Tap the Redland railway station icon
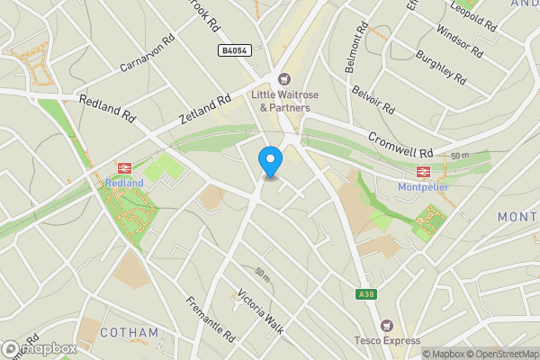(124, 167)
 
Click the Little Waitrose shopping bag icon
(284, 80)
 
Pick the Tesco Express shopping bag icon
(388, 325)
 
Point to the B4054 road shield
(233, 52)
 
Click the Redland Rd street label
(107, 110)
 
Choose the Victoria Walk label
(260, 311)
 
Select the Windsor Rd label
(459, 37)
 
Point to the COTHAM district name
(129, 332)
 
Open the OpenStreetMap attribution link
(498, 354)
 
